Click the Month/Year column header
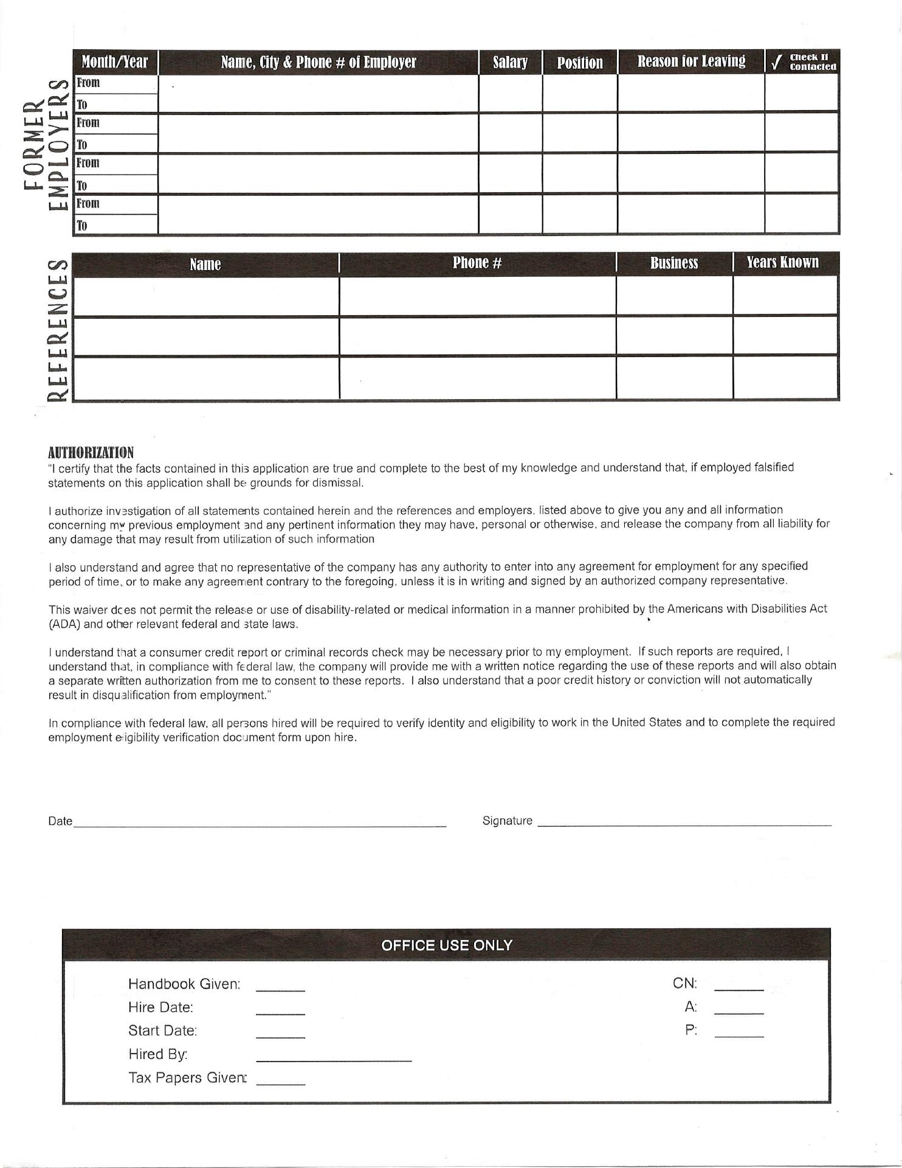tap(115, 62)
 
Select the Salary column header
tap(510, 62)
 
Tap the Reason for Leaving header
tap(691, 61)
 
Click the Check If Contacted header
tap(803, 62)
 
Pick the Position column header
tap(580, 63)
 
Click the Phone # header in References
tap(477, 263)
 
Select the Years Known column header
tap(783, 263)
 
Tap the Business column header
tap(674, 263)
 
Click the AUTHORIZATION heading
tap(91, 453)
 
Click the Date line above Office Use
tap(260, 825)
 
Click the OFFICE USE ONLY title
tap(447, 945)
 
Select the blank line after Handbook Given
tap(280, 990)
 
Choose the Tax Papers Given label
tap(187, 1077)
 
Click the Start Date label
tap(163, 1031)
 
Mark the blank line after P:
tap(738, 1035)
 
